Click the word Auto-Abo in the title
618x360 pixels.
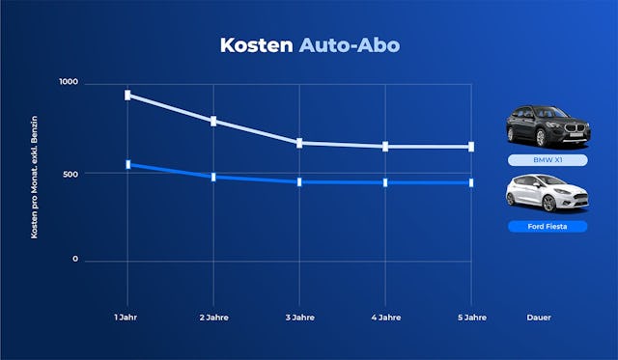pyautogui.click(x=349, y=45)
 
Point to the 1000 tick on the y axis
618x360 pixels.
pyautogui.click(x=68, y=84)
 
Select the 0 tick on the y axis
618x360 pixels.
pyautogui.click(x=75, y=261)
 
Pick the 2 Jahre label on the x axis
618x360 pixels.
pyautogui.click(x=213, y=318)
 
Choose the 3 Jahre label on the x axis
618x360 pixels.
pyautogui.click(x=299, y=318)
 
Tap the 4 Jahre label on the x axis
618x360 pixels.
pyautogui.click(x=385, y=318)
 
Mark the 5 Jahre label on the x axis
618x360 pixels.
pyautogui.click(x=471, y=318)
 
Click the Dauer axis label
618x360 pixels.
pyautogui.click(x=540, y=318)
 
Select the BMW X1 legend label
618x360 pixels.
pyautogui.click(x=548, y=160)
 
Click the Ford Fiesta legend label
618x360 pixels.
pyautogui.click(x=548, y=227)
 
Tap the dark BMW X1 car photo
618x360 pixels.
pyautogui.click(x=548, y=125)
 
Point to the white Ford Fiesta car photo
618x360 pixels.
pyautogui.click(x=547, y=193)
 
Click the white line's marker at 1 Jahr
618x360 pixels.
pyautogui.click(x=127, y=95)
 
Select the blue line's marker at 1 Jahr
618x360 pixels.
pyautogui.click(x=127, y=165)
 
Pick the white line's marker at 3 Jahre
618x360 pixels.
pyautogui.click(x=299, y=143)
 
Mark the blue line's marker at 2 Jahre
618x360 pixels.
pyautogui.click(x=213, y=177)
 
